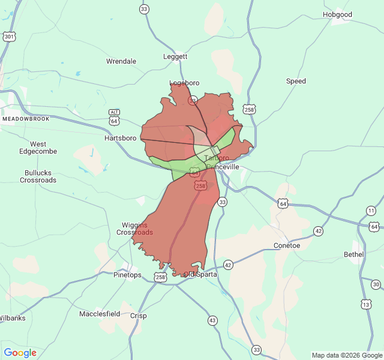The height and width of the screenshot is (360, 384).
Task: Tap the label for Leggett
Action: point(175,56)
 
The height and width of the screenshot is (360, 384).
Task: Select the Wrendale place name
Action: point(121,61)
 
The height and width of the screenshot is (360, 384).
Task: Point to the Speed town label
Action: point(296,81)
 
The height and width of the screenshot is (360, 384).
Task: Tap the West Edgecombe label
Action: point(38,148)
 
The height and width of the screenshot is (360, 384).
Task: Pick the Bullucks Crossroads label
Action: point(38,176)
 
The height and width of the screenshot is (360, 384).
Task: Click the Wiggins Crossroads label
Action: point(134,229)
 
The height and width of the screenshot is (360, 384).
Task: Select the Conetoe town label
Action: point(287,245)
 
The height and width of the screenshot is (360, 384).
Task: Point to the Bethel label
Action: point(353,254)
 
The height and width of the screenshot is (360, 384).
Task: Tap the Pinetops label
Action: point(128,275)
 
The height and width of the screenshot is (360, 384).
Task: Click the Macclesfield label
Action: point(100,314)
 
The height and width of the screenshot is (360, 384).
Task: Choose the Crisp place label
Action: point(138,316)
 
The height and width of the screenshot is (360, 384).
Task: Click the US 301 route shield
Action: point(9,37)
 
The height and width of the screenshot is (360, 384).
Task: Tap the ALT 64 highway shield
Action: point(114,116)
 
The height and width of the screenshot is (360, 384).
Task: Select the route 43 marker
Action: point(212,320)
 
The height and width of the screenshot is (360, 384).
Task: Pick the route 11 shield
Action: point(371,211)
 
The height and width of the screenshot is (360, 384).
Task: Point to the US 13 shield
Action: point(366,305)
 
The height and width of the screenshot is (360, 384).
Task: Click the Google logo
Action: point(20,353)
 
